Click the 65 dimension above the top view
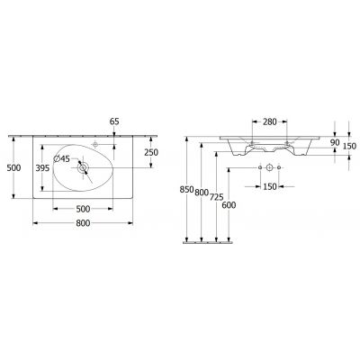[113, 121]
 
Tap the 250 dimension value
[151, 153]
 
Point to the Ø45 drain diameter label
[60, 159]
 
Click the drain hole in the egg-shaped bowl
[83, 167]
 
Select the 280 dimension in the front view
[270, 121]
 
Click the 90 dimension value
[335, 141]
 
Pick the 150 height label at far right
[350, 146]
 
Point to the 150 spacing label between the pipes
[270, 187]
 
